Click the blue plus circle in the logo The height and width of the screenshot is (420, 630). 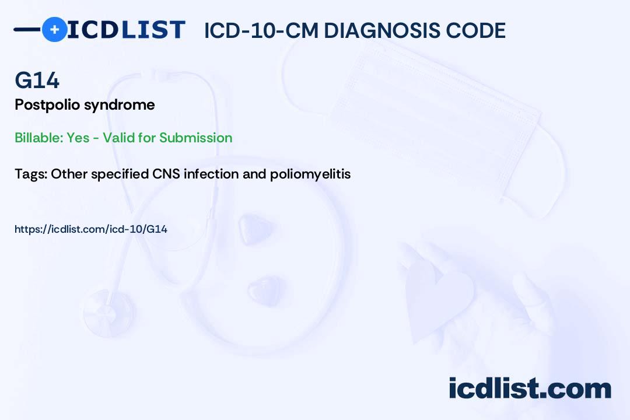tap(55, 30)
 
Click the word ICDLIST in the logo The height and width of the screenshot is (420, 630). tap(126, 30)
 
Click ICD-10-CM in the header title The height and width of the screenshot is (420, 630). tap(261, 30)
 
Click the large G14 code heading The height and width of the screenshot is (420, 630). tap(37, 80)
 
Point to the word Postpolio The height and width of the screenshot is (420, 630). tap(47, 105)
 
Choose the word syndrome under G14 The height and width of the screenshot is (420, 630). tap(120, 106)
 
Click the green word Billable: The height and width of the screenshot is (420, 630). tap(38, 138)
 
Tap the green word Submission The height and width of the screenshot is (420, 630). tap(195, 138)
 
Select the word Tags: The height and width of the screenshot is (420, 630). tap(31, 174)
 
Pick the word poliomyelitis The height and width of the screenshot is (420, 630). tap(310, 174)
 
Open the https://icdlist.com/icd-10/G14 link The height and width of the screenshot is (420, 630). tap(91, 229)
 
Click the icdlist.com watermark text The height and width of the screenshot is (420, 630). tap(530, 388)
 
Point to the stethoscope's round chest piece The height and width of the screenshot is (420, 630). tap(108, 312)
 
